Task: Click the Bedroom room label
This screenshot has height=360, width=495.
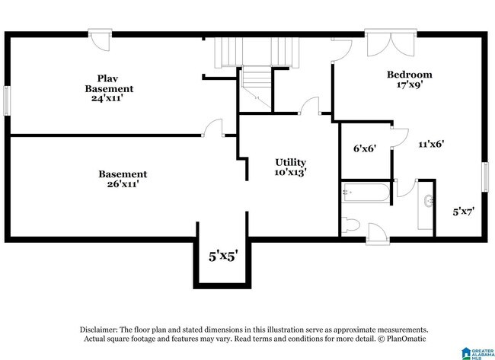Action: tap(410, 75)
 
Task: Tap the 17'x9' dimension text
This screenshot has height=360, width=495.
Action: tap(410, 84)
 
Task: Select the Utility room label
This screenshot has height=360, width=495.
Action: tap(290, 162)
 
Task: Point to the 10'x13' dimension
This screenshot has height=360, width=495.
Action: tap(290, 172)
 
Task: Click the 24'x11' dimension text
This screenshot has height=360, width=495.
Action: tap(107, 98)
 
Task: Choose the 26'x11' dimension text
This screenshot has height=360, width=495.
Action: tap(123, 183)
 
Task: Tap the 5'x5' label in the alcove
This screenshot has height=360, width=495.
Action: tap(223, 256)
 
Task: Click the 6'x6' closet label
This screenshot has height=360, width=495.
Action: tap(365, 148)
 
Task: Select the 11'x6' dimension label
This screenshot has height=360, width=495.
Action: tap(431, 144)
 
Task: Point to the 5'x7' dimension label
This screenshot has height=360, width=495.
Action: tap(464, 212)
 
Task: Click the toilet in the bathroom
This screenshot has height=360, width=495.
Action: tap(350, 225)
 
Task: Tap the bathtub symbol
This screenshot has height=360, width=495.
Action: tap(366, 193)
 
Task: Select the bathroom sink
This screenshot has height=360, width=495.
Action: tap(429, 201)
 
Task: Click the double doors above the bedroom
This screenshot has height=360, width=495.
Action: tap(391, 43)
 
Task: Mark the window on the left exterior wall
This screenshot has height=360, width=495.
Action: tap(7, 101)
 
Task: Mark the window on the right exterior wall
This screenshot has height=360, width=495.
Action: tap(485, 177)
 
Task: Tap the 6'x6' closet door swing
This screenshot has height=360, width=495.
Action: tap(399, 138)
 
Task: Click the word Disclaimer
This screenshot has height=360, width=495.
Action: tap(99, 330)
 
